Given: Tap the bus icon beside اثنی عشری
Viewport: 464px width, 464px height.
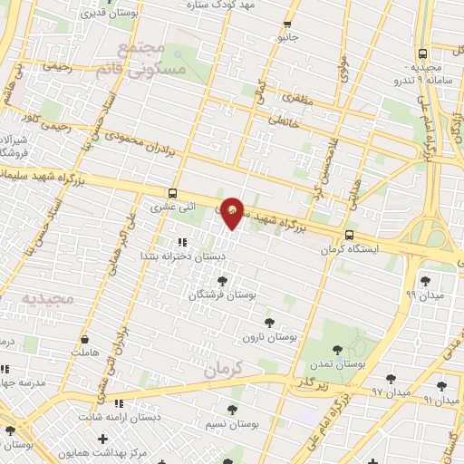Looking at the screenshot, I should click(172, 193).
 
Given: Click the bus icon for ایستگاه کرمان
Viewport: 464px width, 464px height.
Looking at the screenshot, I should click(349, 235).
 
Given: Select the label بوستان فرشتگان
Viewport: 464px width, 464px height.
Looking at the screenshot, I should click(223, 295).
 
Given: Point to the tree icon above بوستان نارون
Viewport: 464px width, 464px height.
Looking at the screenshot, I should click(268, 323).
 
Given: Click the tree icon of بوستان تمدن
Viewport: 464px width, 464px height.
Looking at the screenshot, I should click(337, 350).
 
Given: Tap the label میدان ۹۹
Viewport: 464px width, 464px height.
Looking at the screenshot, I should click(422, 295).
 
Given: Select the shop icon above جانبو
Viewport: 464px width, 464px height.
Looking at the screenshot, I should click(288, 24).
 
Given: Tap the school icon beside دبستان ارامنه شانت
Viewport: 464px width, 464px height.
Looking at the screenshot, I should click(118, 403).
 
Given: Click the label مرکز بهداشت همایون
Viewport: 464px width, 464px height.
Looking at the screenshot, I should click(96, 452).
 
